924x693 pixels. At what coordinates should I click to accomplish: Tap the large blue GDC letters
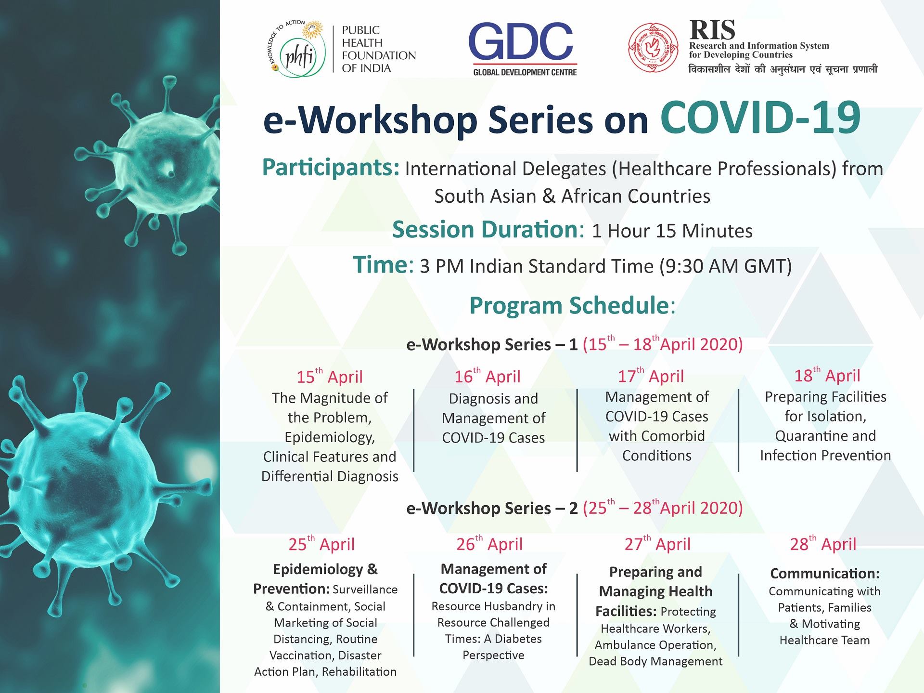click(521, 41)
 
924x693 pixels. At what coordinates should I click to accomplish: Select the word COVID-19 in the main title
click(760, 118)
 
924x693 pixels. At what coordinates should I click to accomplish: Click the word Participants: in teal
click(331, 168)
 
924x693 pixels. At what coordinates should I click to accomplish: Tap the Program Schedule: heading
click(573, 305)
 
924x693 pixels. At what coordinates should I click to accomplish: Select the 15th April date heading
click(330, 376)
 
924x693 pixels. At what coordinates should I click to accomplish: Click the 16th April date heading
click(488, 376)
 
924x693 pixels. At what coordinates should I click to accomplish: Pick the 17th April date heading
click(651, 376)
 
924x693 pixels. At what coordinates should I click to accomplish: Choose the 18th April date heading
click(827, 375)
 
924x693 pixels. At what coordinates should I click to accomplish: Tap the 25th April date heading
click(321, 544)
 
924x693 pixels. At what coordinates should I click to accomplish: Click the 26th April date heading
click(489, 543)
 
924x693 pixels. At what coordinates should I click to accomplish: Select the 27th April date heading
click(657, 543)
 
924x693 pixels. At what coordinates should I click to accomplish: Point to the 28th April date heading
click(823, 543)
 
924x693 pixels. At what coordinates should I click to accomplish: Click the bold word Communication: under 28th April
click(825, 574)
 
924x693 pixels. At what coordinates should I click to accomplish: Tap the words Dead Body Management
click(655, 662)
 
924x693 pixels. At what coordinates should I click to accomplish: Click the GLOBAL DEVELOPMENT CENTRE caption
click(525, 72)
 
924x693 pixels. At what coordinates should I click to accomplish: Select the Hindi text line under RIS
click(783, 69)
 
